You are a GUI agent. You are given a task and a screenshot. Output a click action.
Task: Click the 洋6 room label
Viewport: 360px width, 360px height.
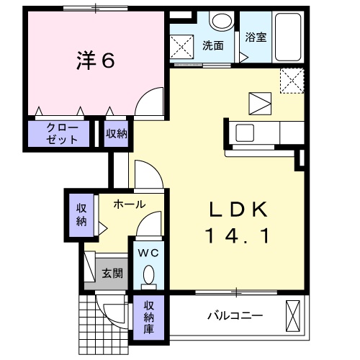tap(96, 61)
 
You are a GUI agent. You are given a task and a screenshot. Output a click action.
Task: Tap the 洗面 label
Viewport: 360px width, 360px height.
tap(212, 45)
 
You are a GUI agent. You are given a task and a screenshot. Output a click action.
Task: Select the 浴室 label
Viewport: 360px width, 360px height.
tap(256, 37)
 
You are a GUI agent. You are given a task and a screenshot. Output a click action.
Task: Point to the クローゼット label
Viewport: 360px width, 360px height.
tap(61, 133)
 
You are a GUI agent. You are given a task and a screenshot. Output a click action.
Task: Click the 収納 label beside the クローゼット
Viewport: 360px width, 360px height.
tap(117, 133)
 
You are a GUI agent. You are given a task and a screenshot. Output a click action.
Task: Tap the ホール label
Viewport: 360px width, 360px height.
tap(130, 204)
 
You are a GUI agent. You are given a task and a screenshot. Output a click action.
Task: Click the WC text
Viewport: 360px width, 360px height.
tap(148, 253)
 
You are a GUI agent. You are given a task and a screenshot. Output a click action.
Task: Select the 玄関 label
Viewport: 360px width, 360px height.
tap(112, 273)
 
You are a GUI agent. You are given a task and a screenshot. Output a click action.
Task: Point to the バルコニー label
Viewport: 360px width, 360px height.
tap(235, 315)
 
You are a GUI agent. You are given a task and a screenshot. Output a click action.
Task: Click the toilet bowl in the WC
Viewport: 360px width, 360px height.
tap(149, 275)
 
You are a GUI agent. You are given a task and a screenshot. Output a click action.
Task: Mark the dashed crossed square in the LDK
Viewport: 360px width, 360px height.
tap(291, 81)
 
